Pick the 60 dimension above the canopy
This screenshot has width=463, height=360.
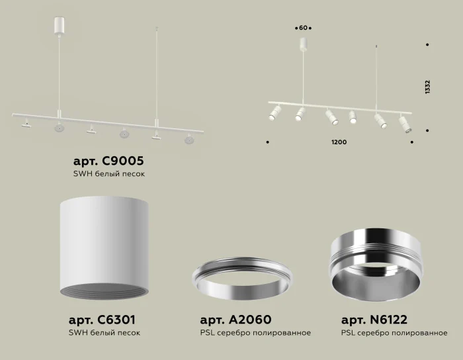point(304,28)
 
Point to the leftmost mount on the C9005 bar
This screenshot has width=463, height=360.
point(26,122)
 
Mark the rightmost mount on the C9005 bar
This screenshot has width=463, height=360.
point(189,139)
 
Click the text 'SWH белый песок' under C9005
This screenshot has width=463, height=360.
point(108,174)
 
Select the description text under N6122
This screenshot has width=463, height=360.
point(394,333)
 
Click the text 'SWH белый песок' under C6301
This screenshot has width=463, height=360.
point(104,333)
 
